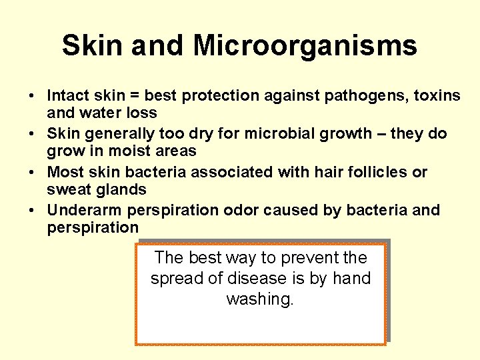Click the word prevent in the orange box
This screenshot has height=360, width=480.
[x=307, y=257]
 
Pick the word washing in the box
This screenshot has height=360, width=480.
[x=260, y=299]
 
